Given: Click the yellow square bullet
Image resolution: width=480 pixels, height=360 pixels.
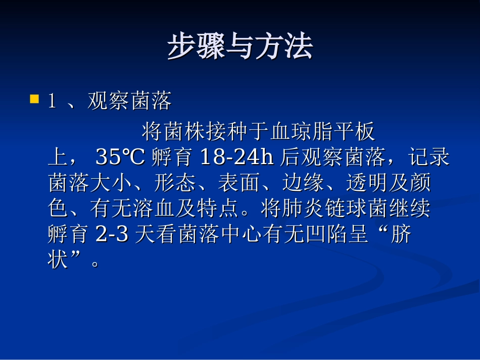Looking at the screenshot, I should click(x=34, y=98).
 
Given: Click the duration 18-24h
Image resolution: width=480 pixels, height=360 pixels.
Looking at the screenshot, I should click(x=236, y=158).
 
